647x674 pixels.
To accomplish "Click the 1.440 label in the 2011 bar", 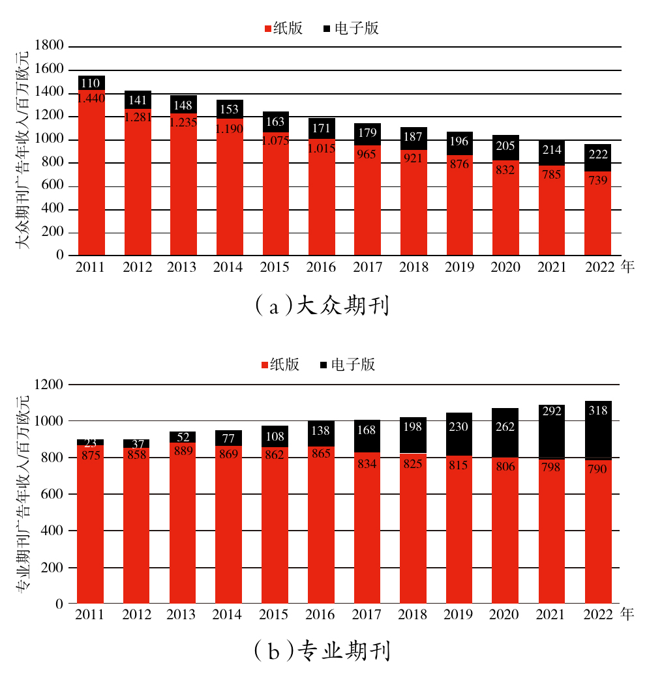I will (x=91, y=98).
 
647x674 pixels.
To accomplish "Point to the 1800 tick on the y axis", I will (x=51, y=46).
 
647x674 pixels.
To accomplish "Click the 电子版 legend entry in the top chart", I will (x=350, y=29).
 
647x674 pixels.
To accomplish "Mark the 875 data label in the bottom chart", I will (x=91, y=456).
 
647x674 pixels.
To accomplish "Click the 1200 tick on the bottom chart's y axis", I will (x=51, y=385).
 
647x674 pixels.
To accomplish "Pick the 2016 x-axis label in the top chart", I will (x=321, y=267).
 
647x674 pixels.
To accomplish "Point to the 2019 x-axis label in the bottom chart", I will (x=460, y=615).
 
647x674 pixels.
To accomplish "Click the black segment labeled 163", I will (x=275, y=122).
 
